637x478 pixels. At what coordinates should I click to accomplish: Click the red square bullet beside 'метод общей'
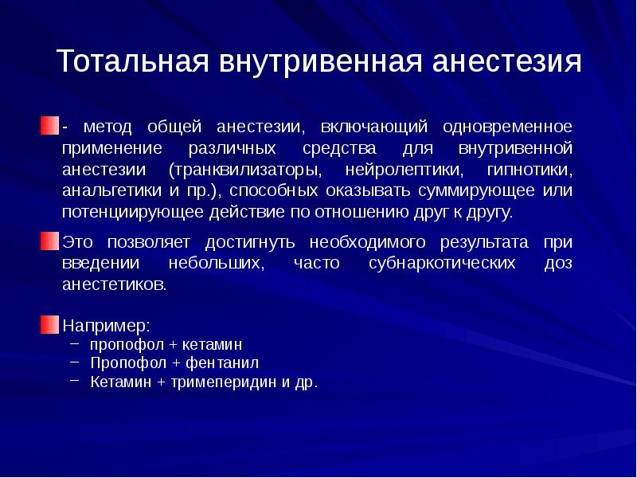pyautogui.click(x=50, y=127)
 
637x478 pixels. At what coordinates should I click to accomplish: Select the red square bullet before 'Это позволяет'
pyautogui.click(x=50, y=241)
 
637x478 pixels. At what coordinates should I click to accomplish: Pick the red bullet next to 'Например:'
pyautogui.click(x=50, y=325)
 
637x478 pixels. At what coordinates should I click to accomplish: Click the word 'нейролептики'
pyautogui.click(x=394, y=170)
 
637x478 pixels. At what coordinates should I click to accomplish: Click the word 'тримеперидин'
pyautogui.click(x=202, y=382)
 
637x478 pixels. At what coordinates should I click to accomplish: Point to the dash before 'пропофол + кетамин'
pyautogui.click(x=75, y=343)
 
